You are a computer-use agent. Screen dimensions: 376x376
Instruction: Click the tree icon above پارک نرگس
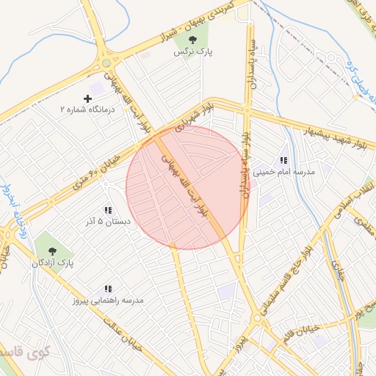[192, 40]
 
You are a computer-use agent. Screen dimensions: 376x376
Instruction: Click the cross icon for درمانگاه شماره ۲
[88, 98]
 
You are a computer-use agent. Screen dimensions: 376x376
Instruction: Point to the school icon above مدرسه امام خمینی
[283, 161]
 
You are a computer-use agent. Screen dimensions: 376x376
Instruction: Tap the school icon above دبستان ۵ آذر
[108, 210]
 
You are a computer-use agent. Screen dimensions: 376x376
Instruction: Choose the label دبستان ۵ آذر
[107, 221]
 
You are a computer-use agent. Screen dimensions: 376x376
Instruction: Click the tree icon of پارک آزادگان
[52, 250]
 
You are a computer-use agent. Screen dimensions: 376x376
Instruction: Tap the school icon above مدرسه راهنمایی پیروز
[108, 289]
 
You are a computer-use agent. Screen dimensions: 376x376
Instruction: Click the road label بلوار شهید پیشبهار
[335, 140]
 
